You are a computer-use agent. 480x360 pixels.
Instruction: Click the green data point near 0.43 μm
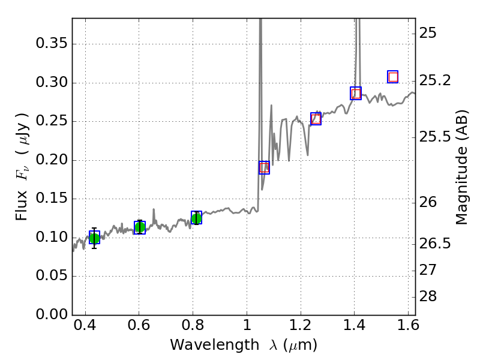pyautogui.click(x=94, y=238)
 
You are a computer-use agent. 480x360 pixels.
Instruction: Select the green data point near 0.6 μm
pyautogui.click(x=140, y=227)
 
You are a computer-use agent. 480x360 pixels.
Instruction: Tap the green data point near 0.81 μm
pyautogui.click(x=196, y=218)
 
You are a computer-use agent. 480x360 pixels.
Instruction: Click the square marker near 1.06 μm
pyautogui.click(x=264, y=167)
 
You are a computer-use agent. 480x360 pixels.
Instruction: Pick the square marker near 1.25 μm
pyautogui.click(x=316, y=119)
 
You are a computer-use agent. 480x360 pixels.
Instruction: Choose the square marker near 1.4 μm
pyautogui.click(x=356, y=93)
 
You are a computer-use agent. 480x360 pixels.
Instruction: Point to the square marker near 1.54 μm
pyautogui.click(x=393, y=77)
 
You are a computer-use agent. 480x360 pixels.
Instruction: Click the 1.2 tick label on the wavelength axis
pyautogui.click(x=300, y=328)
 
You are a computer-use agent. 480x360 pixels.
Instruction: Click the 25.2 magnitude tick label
pyautogui.click(x=437, y=80)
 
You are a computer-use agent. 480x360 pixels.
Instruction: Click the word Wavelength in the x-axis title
pyautogui.click(x=203, y=345)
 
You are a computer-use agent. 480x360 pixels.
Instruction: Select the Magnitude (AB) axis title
pyautogui.click(x=461, y=167)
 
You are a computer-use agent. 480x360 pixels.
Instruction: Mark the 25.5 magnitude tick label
pyautogui.click(x=437, y=137)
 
